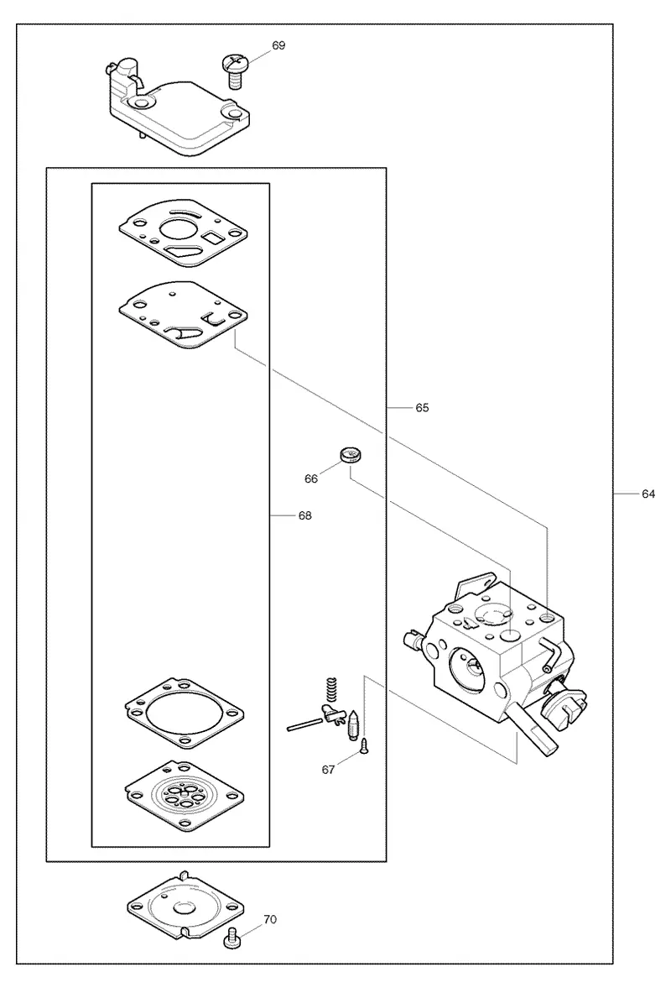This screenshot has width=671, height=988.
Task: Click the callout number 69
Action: click(278, 45)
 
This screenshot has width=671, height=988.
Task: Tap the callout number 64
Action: click(648, 494)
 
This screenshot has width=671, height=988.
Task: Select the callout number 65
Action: click(422, 408)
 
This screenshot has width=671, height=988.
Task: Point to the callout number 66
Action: click(311, 478)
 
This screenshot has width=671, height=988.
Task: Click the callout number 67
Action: click(328, 770)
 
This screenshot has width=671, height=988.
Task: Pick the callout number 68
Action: click(304, 515)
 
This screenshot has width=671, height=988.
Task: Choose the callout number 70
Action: click(269, 919)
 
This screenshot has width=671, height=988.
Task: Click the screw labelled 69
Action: click(236, 71)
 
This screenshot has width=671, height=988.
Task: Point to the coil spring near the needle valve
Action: click(332, 688)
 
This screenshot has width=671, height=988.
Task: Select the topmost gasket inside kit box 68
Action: click(182, 237)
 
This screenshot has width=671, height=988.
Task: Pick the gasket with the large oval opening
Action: click(184, 714)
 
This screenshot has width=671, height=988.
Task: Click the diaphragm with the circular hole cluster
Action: click(184, 796)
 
